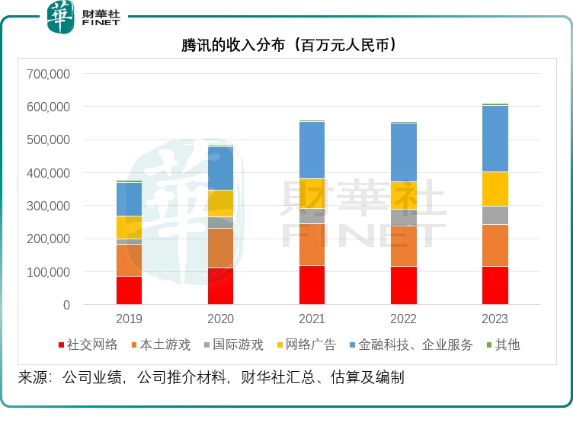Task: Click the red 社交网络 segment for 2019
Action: pos(129,290)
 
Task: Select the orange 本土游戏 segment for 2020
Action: pos(220,248)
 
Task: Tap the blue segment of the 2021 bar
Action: pos(312,150)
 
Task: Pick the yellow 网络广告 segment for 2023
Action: pos(495,189)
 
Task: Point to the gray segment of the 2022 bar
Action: pos(404,217)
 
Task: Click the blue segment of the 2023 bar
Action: pos(495,139)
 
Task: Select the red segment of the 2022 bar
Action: pos(404,285)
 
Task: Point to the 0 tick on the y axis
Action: pos(66,305)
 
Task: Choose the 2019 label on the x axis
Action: pos(129,319)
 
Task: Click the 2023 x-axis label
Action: pos(495,319)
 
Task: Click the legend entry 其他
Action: pos(507,344)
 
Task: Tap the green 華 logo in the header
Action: pos(60,17)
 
